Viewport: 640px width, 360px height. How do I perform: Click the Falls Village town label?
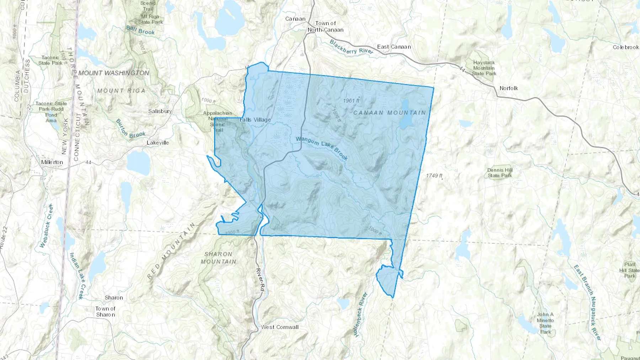pos(255,120)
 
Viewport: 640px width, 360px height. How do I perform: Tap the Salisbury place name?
pos(160,111)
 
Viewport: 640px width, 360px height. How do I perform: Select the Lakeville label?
pos(158,143)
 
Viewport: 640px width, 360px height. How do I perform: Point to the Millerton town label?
pos(52,162)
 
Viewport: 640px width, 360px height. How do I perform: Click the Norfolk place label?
pos(508,88)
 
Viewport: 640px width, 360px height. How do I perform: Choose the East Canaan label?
pos(394,47)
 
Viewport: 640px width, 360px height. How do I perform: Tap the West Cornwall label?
pos(280,327)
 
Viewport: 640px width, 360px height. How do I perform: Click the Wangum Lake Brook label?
pos(321,148)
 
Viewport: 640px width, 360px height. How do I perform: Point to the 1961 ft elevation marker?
pos(351,101)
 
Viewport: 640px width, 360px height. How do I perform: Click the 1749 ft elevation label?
pos(434,176)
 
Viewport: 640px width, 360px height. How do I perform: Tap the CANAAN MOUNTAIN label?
pos(389,113)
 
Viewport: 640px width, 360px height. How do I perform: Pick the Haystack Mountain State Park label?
pos(484,68)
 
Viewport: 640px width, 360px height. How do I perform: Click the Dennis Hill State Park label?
pos(500,173)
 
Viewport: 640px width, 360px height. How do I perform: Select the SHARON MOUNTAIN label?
pos(218,258)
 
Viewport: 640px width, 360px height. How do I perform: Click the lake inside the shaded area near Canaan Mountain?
pos(405,114)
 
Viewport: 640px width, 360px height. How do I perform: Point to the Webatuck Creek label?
pos(46,226)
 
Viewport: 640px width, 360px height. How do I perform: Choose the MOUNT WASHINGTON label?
pos(114,73)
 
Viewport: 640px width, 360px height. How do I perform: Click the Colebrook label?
pos(625,47)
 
